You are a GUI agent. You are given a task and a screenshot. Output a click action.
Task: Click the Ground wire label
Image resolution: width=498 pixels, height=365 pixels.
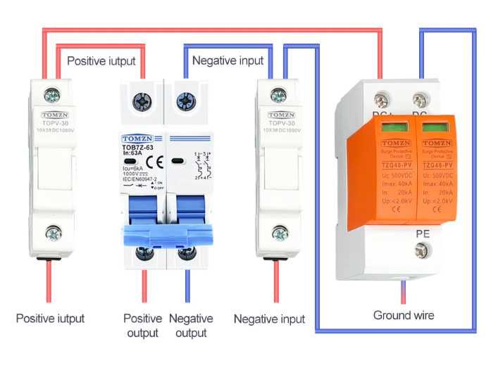403,315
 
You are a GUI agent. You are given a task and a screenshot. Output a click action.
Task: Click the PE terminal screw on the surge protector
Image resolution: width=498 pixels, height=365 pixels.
423,248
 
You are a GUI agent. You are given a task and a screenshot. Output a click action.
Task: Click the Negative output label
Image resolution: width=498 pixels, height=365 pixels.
191,326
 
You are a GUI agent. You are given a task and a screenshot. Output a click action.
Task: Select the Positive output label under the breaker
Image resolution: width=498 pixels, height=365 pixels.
143,326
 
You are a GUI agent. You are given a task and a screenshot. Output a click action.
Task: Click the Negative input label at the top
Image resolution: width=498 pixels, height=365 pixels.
228,60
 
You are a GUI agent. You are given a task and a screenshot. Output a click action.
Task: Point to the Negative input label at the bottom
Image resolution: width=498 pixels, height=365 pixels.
269,319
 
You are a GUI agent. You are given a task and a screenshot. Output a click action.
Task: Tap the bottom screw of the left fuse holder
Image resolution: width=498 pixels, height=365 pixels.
51,233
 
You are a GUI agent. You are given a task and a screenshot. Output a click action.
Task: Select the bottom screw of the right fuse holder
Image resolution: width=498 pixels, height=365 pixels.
280,233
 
